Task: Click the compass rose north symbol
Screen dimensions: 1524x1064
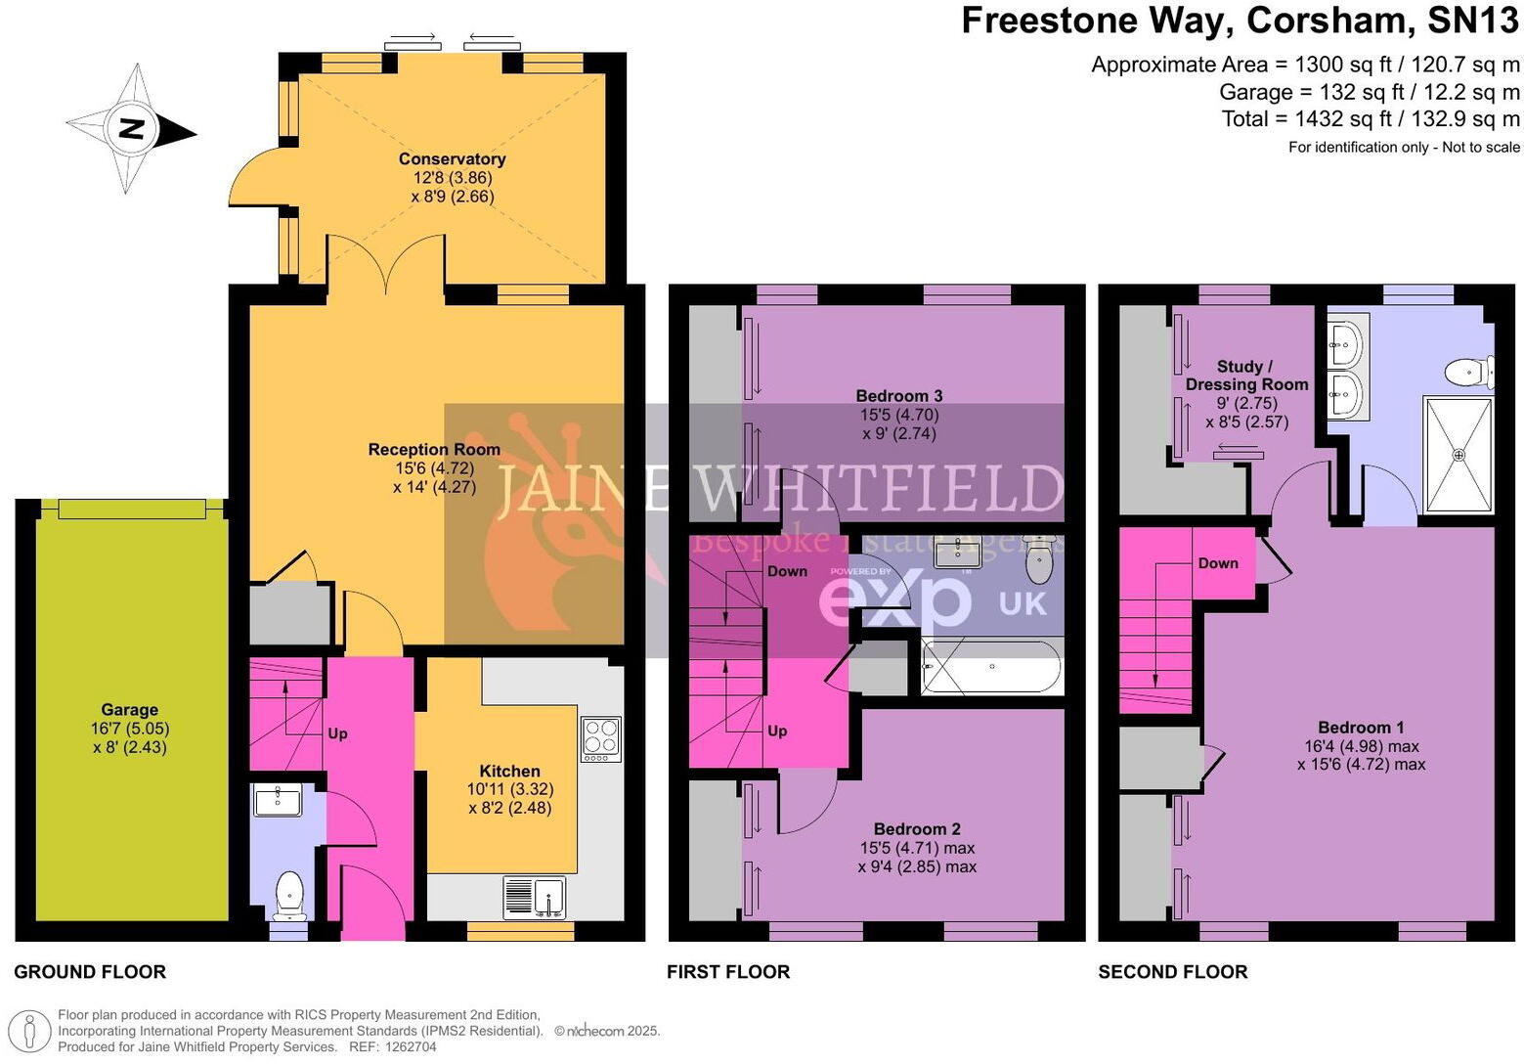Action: [132, 128]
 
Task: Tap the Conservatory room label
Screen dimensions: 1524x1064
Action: [452, 159]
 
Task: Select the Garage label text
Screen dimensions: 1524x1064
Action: [129, 709]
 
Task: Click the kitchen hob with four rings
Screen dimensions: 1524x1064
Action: [601, 739]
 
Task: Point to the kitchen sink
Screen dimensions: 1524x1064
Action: [535, 897]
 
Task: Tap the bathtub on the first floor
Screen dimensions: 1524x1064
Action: [992, 667]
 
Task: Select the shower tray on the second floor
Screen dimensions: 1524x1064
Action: [1459, 454]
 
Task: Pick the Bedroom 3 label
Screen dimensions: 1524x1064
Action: [898, 395]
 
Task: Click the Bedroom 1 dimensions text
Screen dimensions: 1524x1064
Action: [1362, 755]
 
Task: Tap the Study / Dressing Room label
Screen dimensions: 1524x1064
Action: [1246, 376]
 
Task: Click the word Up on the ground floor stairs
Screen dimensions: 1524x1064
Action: [337, 733]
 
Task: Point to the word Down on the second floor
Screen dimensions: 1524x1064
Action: [1218, 563]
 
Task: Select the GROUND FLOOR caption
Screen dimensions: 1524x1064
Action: [90, 972]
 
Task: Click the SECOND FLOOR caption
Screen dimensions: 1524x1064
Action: [1173, 972]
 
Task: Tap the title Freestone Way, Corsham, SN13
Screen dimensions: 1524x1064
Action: [1240, 21]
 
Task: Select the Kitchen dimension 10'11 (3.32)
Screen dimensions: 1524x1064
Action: [509, 789]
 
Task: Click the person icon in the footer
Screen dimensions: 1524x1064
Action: [29, 1032]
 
